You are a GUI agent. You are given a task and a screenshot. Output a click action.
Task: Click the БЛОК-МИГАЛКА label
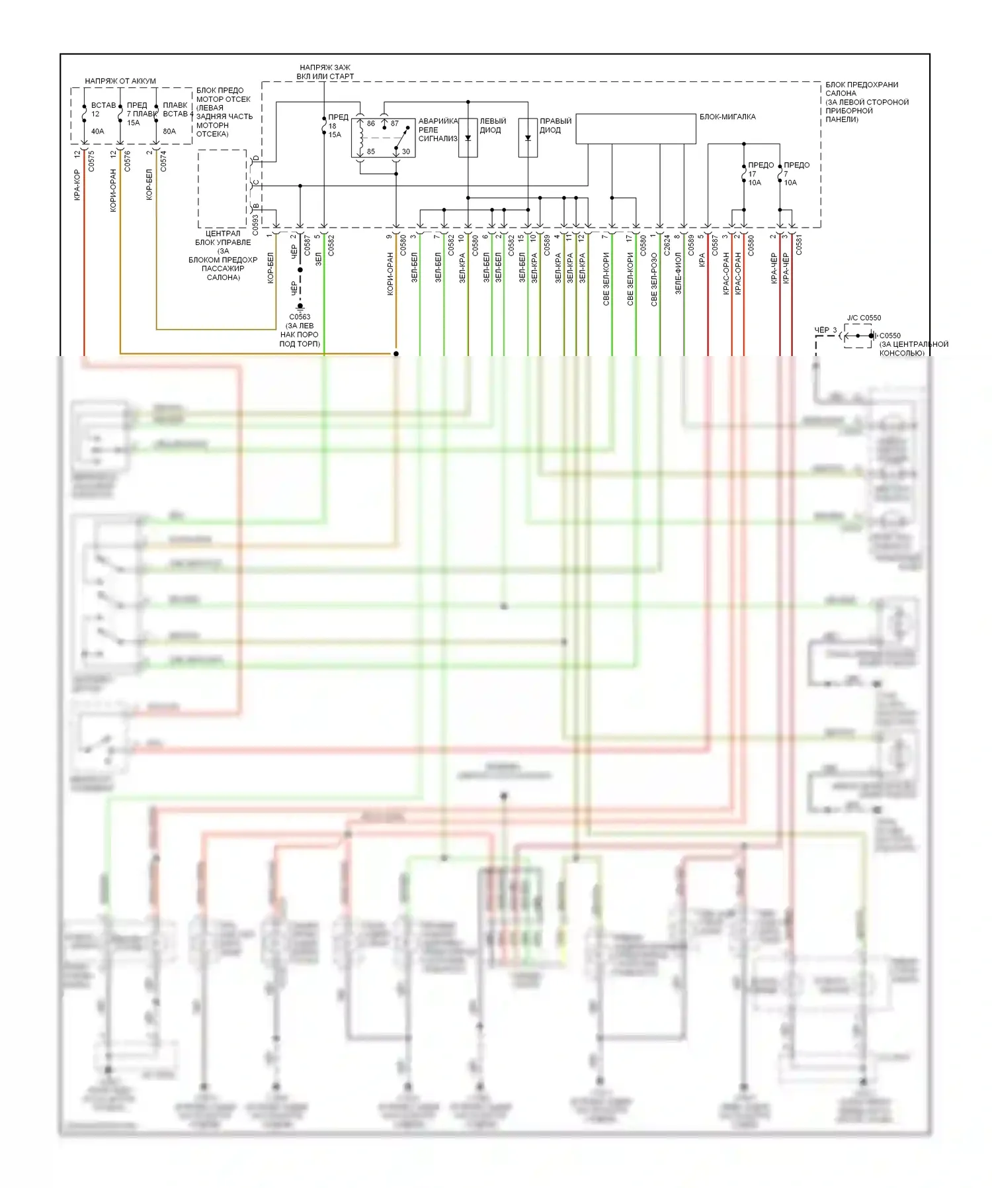(x=727, y=116)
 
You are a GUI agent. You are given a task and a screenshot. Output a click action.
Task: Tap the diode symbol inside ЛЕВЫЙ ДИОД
(x=468, y=138)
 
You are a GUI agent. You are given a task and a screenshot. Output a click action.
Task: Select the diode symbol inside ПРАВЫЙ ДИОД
(x=528, y=138)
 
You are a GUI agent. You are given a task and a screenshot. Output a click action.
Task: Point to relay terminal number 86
(x=371, y=123)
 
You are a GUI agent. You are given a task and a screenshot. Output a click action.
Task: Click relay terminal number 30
(x=406, y=151)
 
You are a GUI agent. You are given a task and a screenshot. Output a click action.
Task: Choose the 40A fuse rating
(x=97, y=131)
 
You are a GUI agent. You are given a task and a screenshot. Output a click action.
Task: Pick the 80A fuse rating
(x=169, y=131)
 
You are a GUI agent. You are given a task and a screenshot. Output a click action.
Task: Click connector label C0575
(x=91, y=161)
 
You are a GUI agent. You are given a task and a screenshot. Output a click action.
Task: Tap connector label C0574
(x=163, y=161)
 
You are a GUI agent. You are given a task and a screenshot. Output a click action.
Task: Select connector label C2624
(x=667, y=245)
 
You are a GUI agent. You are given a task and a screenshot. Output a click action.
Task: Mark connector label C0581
(x=799, y=245)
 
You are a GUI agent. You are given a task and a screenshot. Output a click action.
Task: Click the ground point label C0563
(x=300, y=317)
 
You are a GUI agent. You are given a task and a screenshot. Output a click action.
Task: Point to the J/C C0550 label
(x=864, y=318)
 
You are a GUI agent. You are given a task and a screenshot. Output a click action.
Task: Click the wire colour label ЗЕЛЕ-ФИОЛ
(x=678, y=273)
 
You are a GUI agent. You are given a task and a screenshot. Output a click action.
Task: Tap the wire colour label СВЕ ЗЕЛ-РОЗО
(x=654, y=279)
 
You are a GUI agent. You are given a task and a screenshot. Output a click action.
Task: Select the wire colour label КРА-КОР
(x=77, y=185)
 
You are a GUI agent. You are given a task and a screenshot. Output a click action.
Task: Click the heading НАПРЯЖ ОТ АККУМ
(x=120, y=81)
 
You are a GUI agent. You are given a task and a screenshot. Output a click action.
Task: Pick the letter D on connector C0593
(x=256, y=159)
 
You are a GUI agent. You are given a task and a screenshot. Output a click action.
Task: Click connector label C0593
(x=256, y=225)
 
